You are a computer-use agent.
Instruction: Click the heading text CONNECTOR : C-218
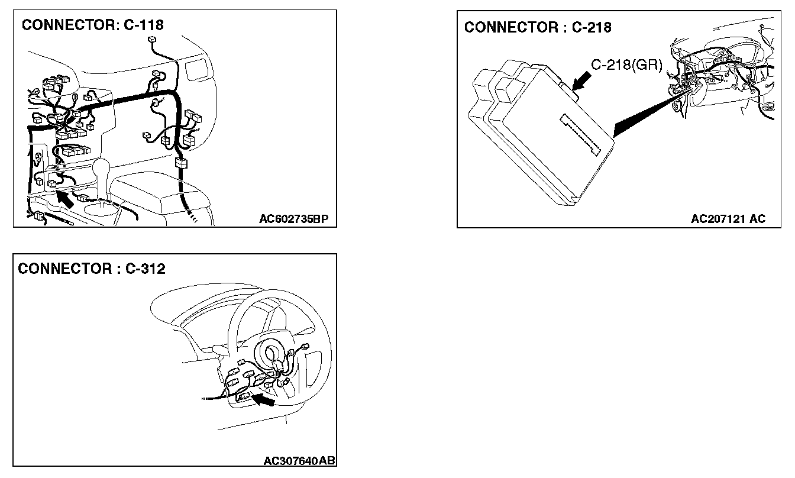pos(538,27)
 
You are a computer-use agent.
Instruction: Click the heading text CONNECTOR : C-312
pos(92,269)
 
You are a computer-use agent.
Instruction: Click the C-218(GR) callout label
pos(626,65)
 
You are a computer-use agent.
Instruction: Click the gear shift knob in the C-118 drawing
pos(102,169)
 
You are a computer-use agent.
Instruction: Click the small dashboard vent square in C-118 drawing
pos(193,70)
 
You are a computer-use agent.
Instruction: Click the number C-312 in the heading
pos(146,269)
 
